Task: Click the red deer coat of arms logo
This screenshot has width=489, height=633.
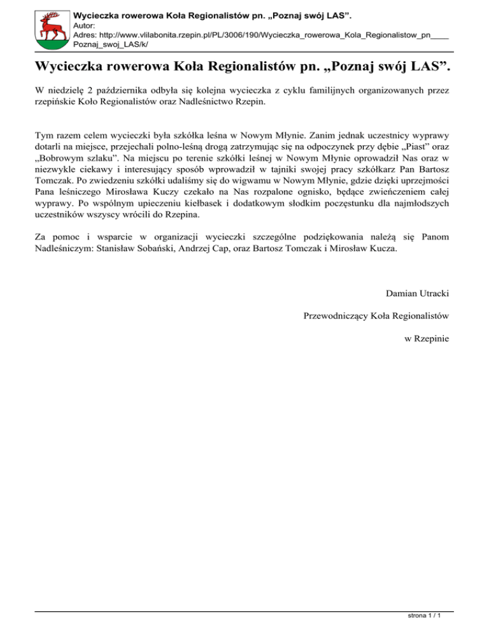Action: point(51,27)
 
